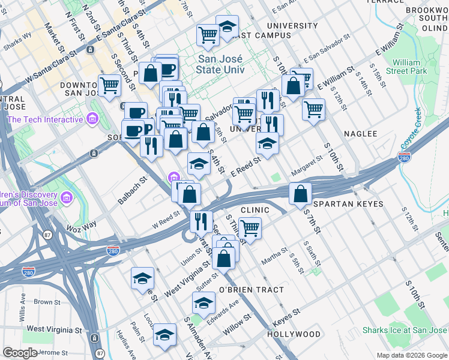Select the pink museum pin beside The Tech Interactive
point(92,119)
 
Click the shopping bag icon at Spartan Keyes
point(300,194)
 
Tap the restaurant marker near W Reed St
point(201,221)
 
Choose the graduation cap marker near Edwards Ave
point(204,303)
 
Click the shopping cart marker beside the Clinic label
point(249,228)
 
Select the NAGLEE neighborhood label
point(360,134)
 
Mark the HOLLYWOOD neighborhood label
point(294,334)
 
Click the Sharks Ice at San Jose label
point(405,331)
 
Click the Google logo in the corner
point(20,353)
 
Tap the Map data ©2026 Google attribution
point(412,355)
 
